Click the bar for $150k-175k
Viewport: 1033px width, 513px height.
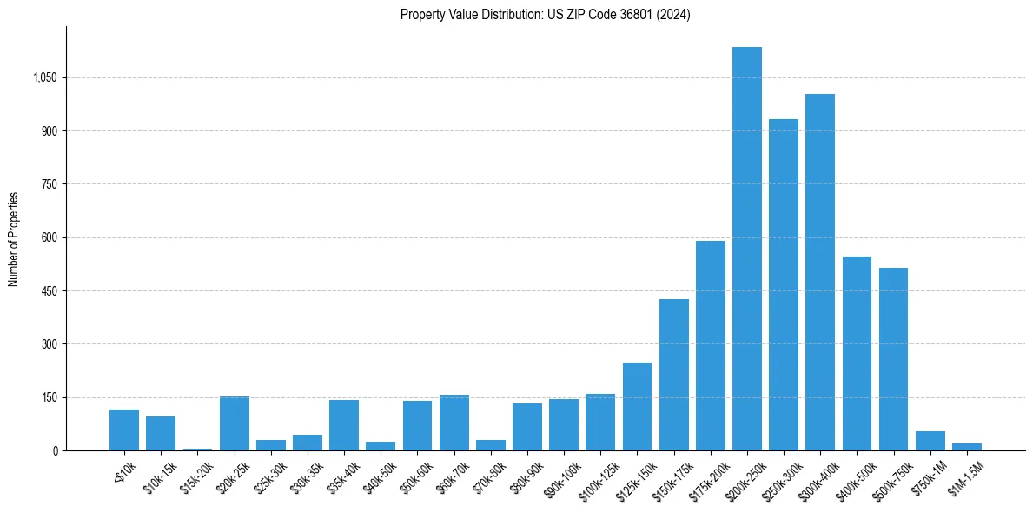[673, 375]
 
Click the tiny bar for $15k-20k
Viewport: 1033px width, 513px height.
[197, 449]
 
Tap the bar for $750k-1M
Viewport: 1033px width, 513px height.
[930, 441]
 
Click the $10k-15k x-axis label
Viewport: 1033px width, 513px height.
[159, 476]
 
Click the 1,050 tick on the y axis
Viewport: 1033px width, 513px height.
[44, 77]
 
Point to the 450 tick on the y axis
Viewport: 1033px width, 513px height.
[49, 290]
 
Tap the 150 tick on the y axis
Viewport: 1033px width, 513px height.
[49, 397]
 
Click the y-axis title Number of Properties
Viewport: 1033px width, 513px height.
[14, 238]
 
